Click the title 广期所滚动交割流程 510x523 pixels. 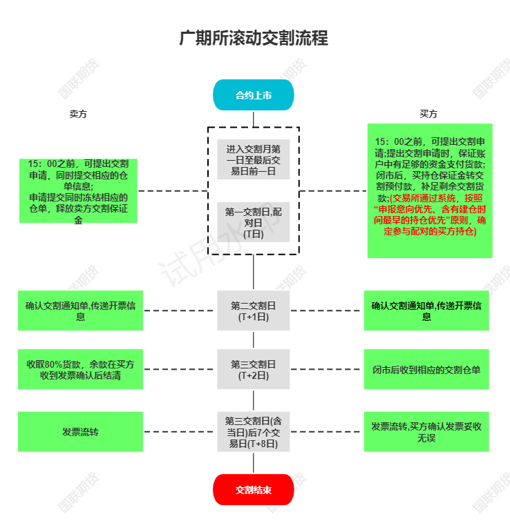[254, 38]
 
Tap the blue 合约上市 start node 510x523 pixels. [254, 95]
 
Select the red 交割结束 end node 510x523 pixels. [254, 490]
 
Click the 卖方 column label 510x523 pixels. [78, 114]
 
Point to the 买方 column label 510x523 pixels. [428, 114]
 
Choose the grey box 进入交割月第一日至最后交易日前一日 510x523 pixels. [254, 159]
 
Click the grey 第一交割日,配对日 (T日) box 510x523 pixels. [254, 222]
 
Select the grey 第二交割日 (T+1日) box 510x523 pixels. [254, 310]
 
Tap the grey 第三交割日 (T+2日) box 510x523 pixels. [254, 369]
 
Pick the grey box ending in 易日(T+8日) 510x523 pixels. [254, 432]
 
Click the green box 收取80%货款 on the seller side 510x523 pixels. [80, 369]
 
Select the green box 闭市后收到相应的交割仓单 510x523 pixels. [426, 369]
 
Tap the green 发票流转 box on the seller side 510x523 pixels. [80, 432]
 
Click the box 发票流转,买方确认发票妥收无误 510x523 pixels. [426, 432]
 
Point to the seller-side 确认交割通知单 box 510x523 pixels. [80, 310]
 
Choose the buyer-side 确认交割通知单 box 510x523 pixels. [426, 310]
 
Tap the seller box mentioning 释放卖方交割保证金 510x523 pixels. [79, 191]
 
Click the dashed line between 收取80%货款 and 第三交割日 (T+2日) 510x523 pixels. [179, 369]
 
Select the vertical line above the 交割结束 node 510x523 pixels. [254, 463]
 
